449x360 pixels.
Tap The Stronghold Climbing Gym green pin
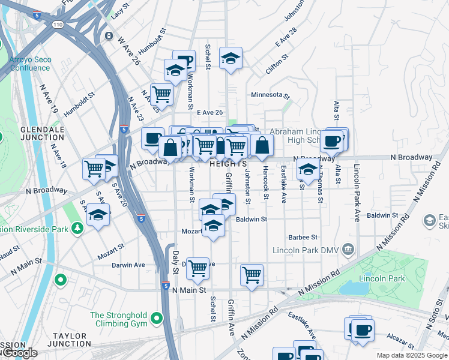(x=157, y=318)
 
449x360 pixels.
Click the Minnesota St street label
(x=270, y=95)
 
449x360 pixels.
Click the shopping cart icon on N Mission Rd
(x=252, y=275)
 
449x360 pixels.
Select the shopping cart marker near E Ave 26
(x=161, y=93)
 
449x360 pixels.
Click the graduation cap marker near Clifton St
(x=231, y=58)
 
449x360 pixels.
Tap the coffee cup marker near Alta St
(x=332, y=141)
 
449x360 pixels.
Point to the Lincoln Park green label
(x=382, y=278)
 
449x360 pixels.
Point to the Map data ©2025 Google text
(x=412, y=355)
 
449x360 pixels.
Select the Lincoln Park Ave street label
(x=357, y=193)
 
